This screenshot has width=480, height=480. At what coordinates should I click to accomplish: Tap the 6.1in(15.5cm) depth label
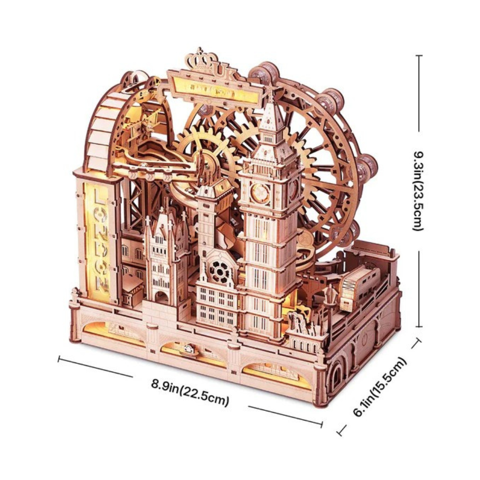[380, 386]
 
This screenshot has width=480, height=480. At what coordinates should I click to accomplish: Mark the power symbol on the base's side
[364, 339]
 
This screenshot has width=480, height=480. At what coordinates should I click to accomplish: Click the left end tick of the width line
[59, 359]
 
